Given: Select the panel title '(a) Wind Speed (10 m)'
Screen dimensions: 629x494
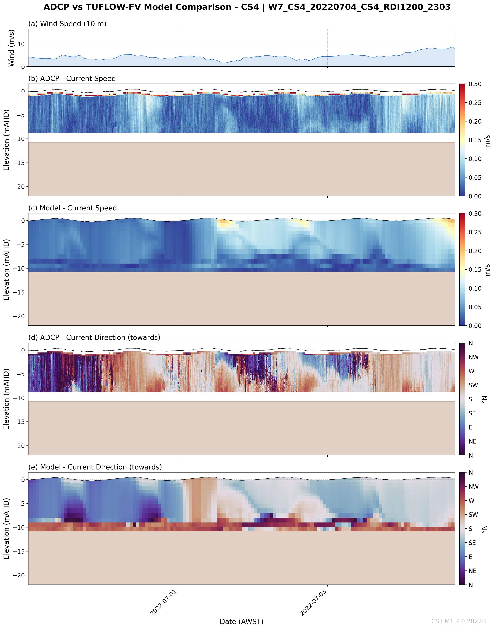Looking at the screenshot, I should point(67,24).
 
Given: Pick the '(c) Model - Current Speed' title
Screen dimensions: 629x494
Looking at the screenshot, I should point(73,208).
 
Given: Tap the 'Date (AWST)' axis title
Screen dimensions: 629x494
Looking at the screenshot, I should point(242,622).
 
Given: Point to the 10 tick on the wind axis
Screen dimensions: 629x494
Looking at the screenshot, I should point(21,44).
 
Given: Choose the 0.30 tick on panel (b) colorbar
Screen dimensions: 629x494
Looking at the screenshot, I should point(475,84).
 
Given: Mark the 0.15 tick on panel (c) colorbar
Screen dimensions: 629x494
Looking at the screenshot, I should point(475,270).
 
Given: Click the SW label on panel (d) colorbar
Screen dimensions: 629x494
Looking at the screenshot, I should point(473,385).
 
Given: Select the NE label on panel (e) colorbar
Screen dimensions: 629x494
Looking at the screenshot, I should point(473,571).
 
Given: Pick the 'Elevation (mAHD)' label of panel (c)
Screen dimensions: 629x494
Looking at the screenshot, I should point(6,269).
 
